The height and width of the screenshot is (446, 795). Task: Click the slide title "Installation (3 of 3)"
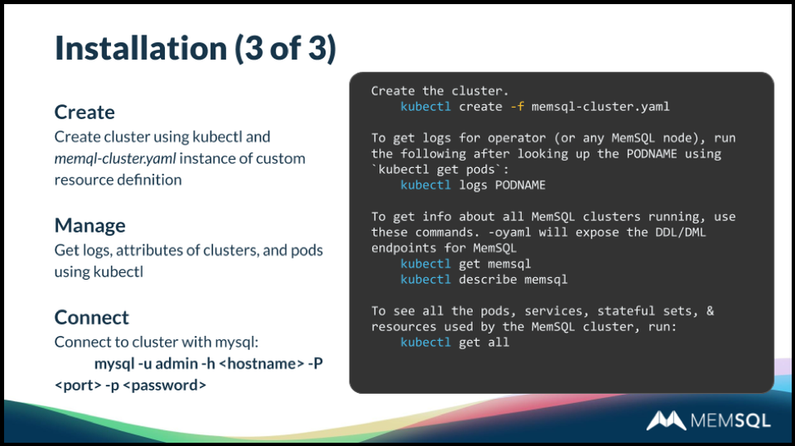click(195, 48)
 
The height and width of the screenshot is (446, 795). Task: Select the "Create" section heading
click(84, 112)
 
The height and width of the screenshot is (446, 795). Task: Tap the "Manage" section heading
click(90, 225)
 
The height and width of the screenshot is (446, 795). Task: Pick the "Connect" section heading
click(92, 317)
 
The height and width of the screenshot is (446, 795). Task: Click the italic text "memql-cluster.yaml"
click(115, 158)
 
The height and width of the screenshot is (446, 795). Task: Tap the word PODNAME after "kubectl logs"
click(520, 185)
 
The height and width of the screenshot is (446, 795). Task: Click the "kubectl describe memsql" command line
click(484, 280)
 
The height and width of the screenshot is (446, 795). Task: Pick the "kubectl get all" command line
click(455, 343)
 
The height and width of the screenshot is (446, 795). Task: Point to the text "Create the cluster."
click(440, 91)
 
